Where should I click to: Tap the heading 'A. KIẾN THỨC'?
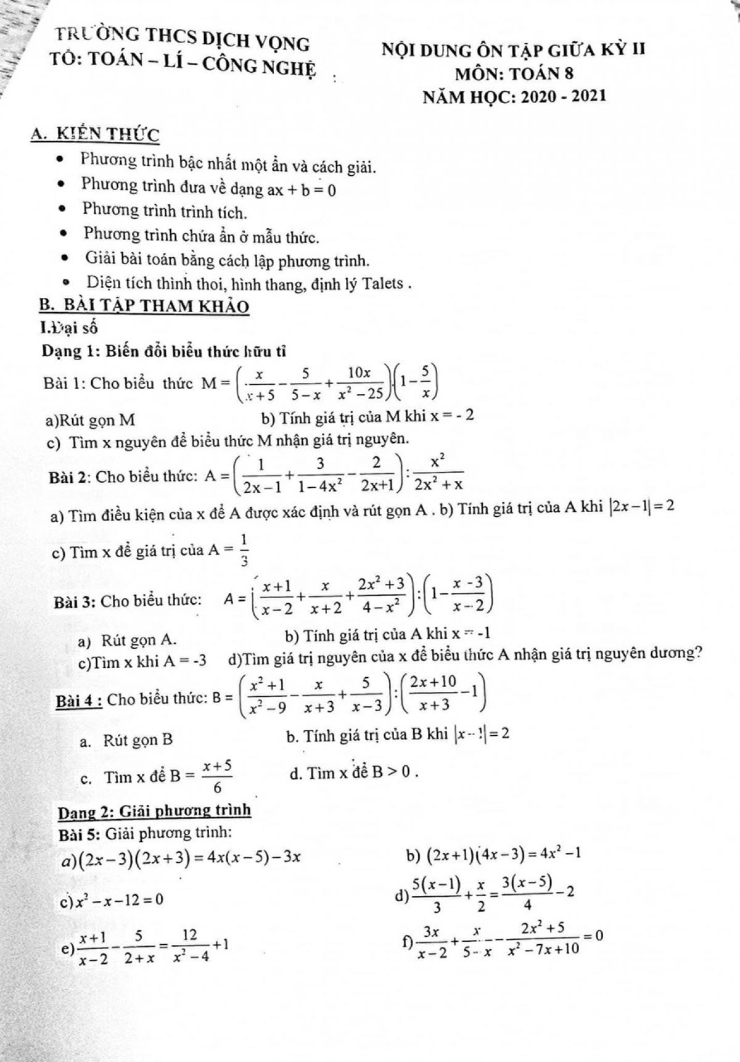(95, 134)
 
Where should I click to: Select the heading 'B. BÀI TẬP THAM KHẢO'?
(144, 307)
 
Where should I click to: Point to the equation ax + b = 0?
(302, 189)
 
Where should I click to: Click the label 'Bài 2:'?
(70, 476)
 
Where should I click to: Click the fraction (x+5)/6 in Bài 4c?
(217, 776)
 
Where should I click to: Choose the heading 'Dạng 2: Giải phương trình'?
(154, 810)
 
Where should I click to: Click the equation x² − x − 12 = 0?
(119, 900)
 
